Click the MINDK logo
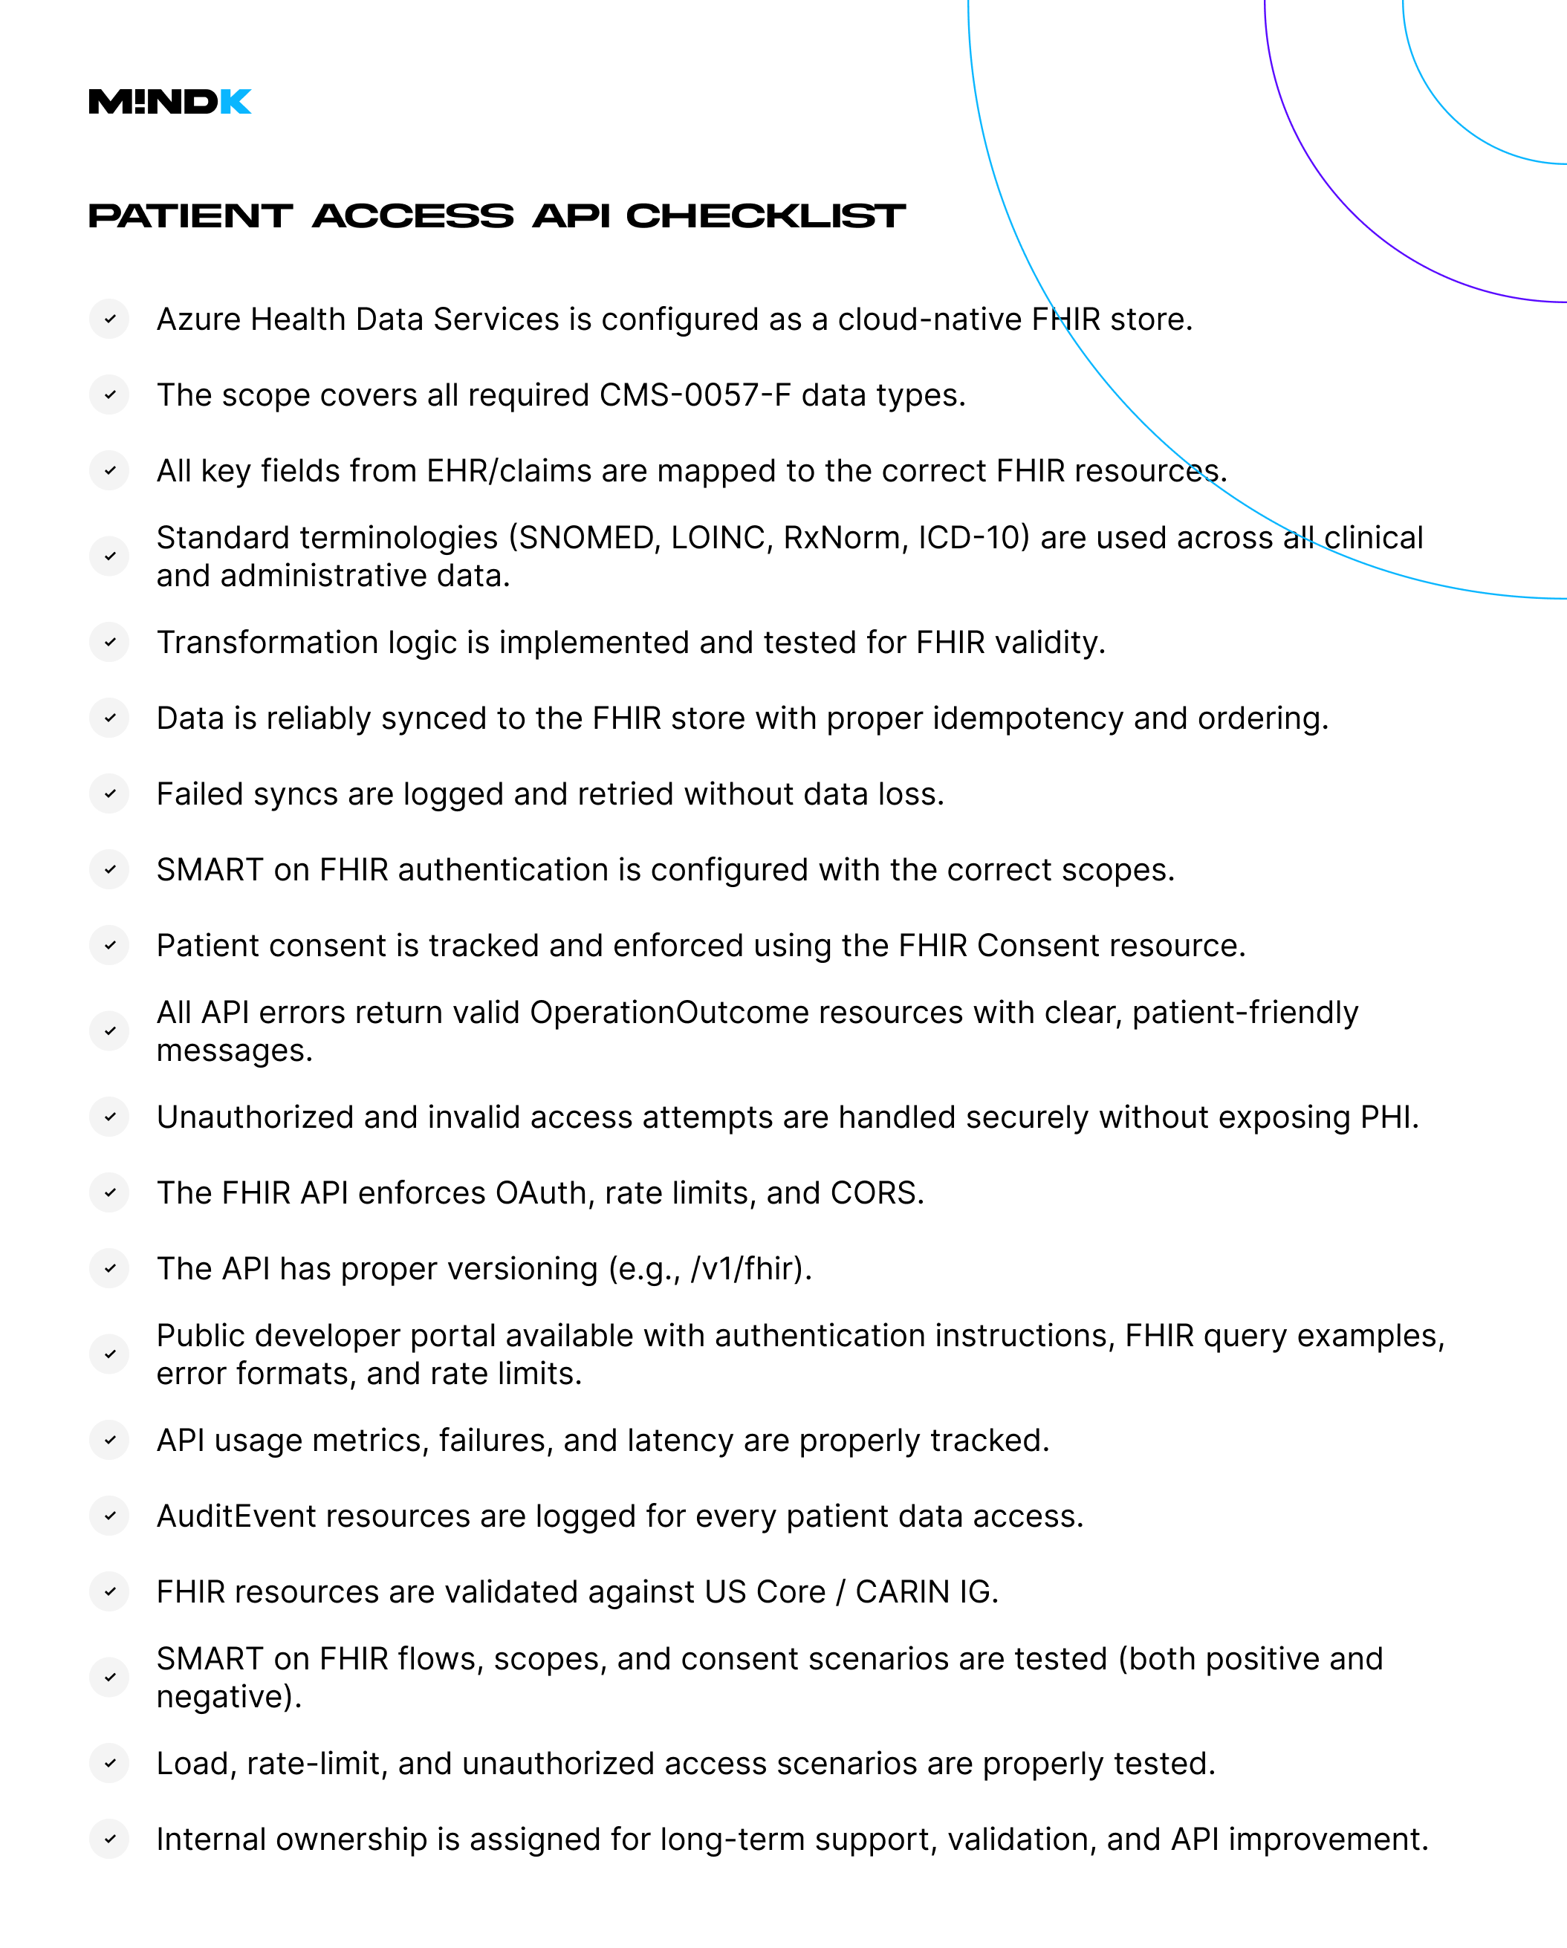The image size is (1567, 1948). [x=170, y=101]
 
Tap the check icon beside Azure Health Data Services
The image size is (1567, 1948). [x=109, y=319]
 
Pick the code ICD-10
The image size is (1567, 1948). [x=969, y=538]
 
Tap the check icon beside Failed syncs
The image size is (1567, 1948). [x=109, y=794]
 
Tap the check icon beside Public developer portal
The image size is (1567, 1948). [x=109, y=1354]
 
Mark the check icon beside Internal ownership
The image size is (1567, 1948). [x=109, y=1840]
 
